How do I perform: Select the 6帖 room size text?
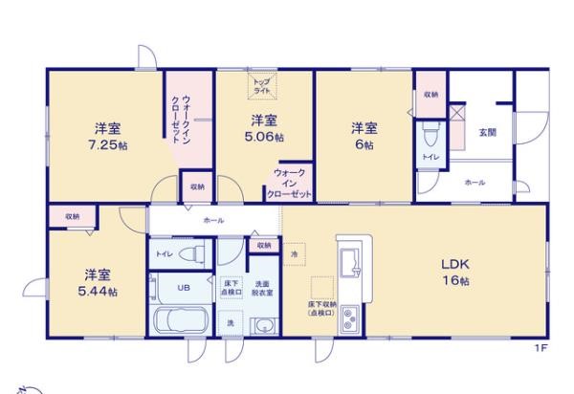362,143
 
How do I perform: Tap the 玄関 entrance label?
486,132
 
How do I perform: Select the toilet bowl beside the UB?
190,253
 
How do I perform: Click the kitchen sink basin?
346,259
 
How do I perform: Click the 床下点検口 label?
232,287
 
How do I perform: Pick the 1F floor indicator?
541,349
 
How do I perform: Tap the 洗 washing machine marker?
231,325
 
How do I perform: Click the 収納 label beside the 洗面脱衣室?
262,246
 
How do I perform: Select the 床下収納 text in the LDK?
320,308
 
